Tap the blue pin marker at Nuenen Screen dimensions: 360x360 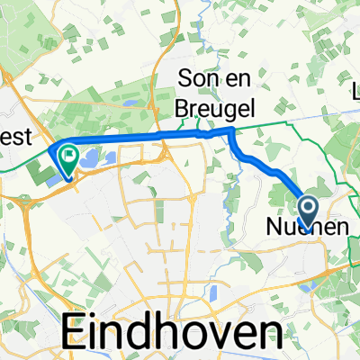tap(308, 211)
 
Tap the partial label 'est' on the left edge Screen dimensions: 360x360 tap(16, 138)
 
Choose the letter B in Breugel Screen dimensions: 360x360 tap(184, 104)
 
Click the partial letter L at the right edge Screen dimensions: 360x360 tap(356, 91)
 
